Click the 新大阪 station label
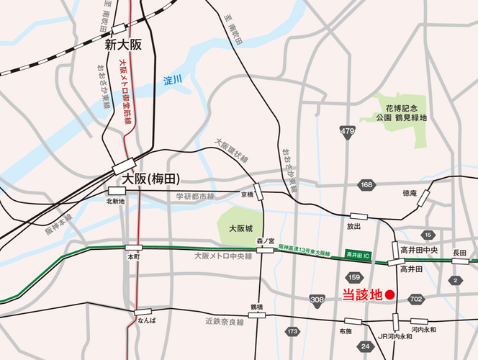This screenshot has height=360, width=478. pyautogui.click(x=123, y=45)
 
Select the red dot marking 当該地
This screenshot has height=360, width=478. pyautogui.click(x=389, y=294)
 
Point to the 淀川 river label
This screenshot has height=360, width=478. pyautogui.click(x=172, y=78)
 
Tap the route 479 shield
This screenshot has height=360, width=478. pyautogui.click(x=348, y=131)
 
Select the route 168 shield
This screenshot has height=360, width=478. pyautogui.click(x=366, y=185)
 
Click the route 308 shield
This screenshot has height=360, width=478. pyautogui.click(x=317, y=299)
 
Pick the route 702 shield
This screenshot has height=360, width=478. pyautogui.click(x=415, y=298)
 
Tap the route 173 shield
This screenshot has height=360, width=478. pyautogui.click(x=292, y=331)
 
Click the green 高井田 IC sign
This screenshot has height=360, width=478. pyautogui.click(x=358, y=255)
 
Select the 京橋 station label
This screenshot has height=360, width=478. pyautogui.click(x=247, y=194)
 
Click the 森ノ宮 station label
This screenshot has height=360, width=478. pyautogui.click(x=267, y=242)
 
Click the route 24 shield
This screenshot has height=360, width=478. pyautogui.click(x=366, y=346)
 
